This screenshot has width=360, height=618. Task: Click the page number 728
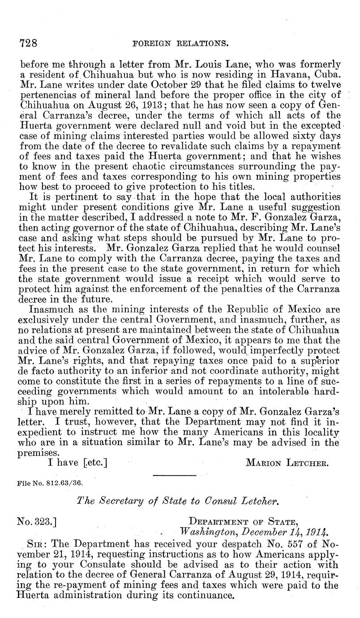28,44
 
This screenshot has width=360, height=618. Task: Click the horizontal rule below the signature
175,475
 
